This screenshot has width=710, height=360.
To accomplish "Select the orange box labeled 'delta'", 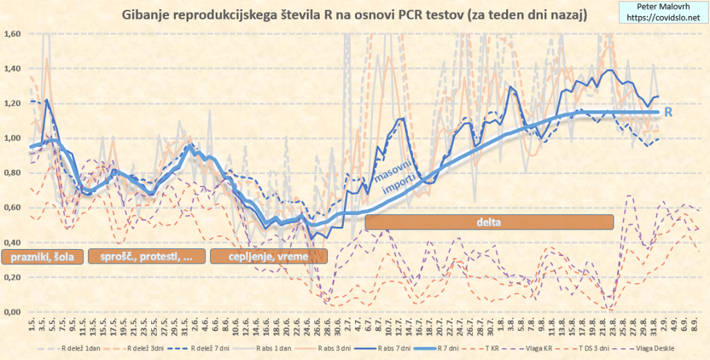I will [x=490, y=222].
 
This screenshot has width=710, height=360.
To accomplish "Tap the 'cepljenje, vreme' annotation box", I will [x=269, y=257].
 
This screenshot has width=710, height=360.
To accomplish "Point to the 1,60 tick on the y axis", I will [x=12, y=34].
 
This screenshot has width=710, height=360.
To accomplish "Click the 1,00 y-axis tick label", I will [x=12, y=138].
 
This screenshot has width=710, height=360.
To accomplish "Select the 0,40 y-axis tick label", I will [x=12, y=242].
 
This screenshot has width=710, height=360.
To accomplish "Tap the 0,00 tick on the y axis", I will [x=12, y=311].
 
